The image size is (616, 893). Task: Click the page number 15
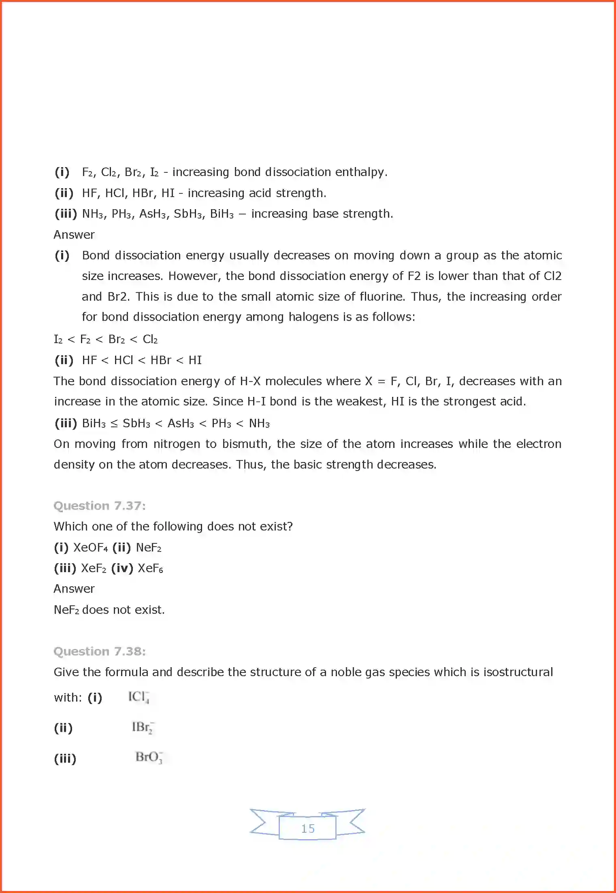click(x=308, y=828)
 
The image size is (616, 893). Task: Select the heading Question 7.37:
click(x=100, y=506)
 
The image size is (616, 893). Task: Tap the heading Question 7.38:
click(x=100, y=651)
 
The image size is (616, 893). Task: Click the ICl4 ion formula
click(x=139, y=697)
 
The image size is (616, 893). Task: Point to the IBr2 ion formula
click(x=143, y=728)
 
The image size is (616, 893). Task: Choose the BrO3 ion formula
click(x=149, y=757)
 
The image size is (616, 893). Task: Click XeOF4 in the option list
click(x=90, y=548)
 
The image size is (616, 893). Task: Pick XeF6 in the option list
click(x=150, y=568)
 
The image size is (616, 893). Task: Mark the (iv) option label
click(x=122, y=568)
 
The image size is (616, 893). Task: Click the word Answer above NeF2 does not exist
click(x=74, y=589)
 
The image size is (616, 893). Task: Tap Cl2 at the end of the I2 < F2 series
click(x=150, y=339)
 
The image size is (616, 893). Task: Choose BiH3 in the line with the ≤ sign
click(x=94, y=424)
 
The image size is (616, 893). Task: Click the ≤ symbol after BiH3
click(x=114, y=424)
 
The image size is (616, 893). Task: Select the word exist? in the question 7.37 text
click(x=276, y=526)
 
